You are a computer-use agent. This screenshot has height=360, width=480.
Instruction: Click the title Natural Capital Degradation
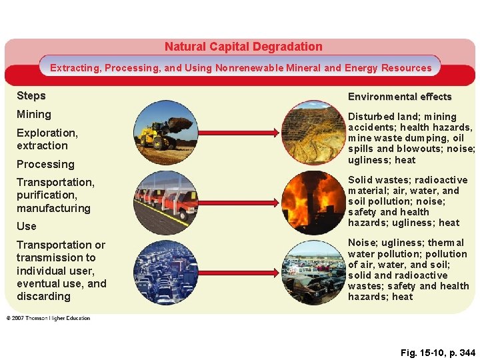[x=243, y=47]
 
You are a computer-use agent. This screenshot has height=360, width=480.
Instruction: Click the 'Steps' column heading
[x=31, y=95]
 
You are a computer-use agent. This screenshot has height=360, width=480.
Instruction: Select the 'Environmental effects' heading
[x=399, y=97]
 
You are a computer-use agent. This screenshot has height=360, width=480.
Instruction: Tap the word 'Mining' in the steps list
[x=34, y=115]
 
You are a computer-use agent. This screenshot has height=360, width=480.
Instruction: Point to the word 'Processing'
[x=45, y=164]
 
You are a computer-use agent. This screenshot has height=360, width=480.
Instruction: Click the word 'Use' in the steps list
[x=27, y=226]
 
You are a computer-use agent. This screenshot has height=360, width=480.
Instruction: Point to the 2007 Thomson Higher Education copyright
[x=48, y=318]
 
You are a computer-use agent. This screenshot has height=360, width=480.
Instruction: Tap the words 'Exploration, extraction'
[x=47, y=139]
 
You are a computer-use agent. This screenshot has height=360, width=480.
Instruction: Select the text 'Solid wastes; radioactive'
[x=407, y=180]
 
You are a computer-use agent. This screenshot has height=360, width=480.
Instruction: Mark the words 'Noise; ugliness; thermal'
[x=407, y=243]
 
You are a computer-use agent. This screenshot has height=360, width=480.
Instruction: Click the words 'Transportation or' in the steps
[x=61, y=245]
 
